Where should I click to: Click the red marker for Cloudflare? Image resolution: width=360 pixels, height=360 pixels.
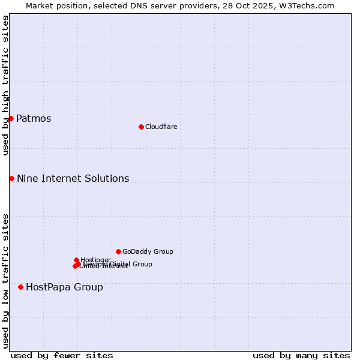coord(141,127)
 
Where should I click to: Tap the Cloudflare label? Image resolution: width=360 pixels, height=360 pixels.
coord(161,127)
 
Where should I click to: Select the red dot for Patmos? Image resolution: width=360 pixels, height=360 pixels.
coord(11,118)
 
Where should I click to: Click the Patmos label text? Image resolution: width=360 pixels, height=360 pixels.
coord(34,118)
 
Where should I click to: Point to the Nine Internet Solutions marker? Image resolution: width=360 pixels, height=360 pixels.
coord(11,178)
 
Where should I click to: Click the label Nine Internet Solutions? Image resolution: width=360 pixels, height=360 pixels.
coord(73,178)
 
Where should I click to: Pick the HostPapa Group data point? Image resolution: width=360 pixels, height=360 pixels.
coord(21,287)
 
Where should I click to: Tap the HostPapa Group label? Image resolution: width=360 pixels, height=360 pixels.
coord(64,287)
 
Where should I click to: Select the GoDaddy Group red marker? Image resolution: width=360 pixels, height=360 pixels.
coord(118,251)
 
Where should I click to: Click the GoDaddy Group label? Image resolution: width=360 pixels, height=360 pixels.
coord(148,251)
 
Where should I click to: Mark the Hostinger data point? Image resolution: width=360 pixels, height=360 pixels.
coord(76,260)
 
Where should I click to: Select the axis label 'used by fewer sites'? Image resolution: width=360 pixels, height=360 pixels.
coord(62,355)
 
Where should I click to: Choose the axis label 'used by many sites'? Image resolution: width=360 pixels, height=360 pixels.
coord(301,355)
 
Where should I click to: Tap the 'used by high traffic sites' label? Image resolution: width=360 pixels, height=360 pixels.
coord(5,85)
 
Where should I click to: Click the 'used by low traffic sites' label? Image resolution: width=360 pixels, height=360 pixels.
coord(5,281)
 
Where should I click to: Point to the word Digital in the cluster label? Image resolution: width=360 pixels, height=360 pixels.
coord(121,264)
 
